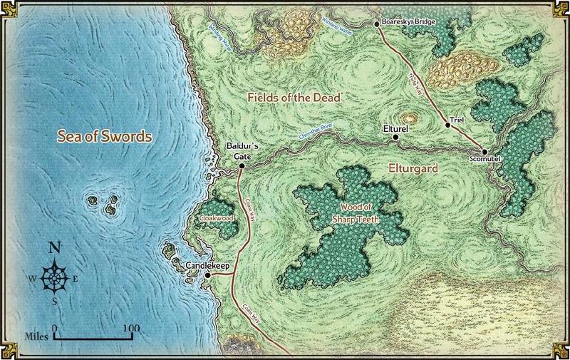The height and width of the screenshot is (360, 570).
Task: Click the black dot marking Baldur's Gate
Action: (242, 165)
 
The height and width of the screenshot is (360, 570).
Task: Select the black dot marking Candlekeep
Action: (207, 275)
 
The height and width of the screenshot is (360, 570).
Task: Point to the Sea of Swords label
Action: (105, 137)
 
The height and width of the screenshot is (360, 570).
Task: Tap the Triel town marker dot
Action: (448, 125)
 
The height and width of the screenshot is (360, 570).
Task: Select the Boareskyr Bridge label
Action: (409, 23)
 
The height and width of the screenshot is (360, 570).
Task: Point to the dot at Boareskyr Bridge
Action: (378, 24)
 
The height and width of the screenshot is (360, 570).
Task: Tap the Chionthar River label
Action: (316, 130)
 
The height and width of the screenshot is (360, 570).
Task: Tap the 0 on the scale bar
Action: (54, 329)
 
